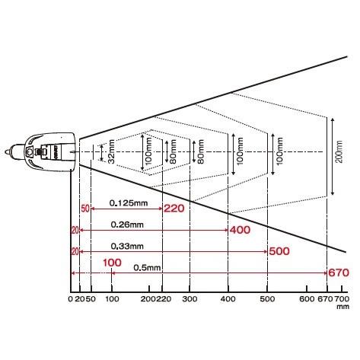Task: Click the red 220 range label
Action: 174,209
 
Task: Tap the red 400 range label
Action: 240,230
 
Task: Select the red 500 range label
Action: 279,251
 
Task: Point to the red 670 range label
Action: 339,272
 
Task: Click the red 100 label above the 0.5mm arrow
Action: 112,263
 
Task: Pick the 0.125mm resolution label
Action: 129,203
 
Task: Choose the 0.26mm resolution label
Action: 127,225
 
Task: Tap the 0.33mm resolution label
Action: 127,246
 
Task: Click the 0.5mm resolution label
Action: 147,268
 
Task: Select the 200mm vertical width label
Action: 339,151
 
